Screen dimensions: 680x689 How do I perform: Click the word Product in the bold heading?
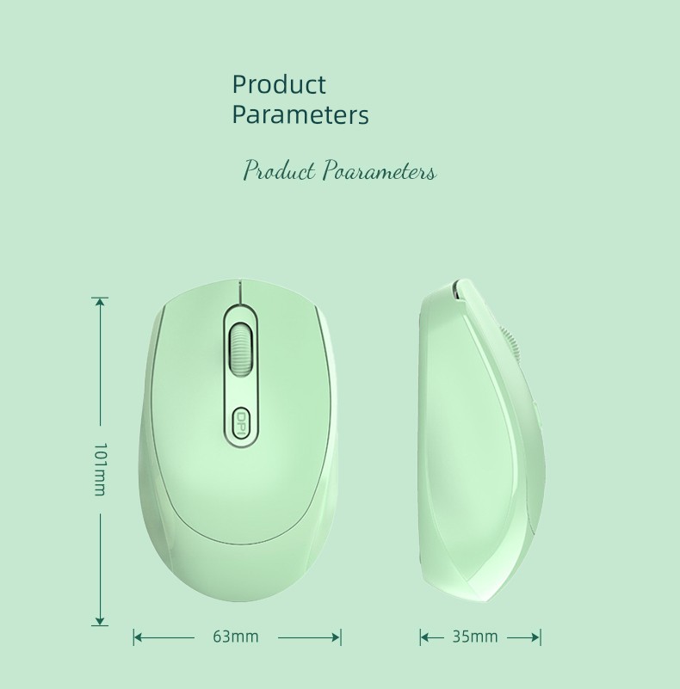[279, 84]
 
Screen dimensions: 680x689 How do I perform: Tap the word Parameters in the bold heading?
[300, 114]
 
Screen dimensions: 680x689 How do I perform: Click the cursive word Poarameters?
[380, 170]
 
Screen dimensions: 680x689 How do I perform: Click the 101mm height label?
[101, 470]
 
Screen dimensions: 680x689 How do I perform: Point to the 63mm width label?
[236, 637]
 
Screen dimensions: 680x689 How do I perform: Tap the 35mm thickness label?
[475, 637]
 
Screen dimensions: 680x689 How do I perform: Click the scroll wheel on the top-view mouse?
[240, 350]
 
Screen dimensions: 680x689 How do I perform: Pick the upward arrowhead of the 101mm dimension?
[101, 302]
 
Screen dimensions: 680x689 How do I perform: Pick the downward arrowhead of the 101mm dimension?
[101, 619]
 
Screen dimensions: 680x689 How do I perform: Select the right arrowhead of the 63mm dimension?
[336, 637]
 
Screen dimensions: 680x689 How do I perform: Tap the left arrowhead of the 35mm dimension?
[425, 637]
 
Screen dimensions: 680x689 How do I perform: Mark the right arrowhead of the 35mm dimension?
[535, 637]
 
